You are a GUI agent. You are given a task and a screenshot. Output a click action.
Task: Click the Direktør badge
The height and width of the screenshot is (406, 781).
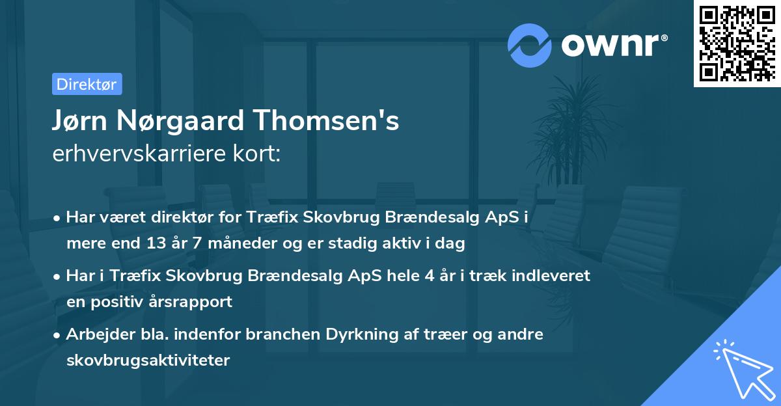click(x=87, y=84)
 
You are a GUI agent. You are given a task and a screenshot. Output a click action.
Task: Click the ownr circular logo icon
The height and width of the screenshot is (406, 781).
click(x=530, y=46)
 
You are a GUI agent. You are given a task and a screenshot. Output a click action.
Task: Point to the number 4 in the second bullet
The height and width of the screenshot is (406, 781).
click(x=428, y=276)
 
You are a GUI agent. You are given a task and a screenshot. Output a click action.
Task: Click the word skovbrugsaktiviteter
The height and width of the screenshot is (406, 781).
click(x=148, y=360)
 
